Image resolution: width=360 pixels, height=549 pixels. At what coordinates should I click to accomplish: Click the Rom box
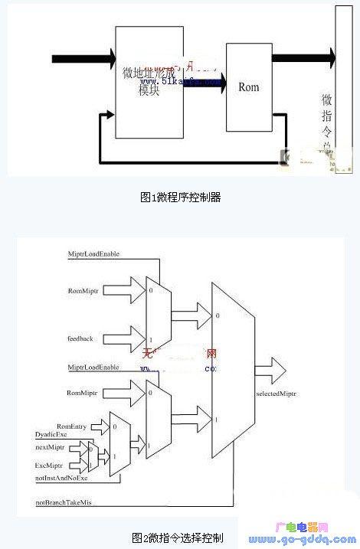[249, 87]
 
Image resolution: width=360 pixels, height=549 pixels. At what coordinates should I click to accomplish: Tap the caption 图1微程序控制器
[180, 197]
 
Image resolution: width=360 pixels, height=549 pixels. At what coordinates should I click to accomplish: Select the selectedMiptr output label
[277, 394]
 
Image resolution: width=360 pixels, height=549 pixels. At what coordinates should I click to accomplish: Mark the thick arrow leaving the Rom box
[303, 57]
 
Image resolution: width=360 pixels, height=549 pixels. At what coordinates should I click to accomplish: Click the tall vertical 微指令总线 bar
[342, 92]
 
